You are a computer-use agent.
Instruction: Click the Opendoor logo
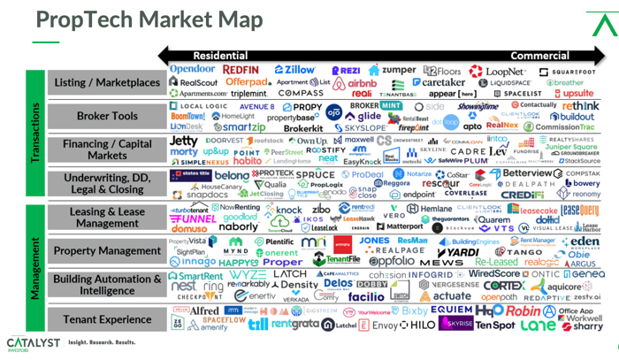[192, 68]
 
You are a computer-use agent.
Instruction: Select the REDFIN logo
[241, 69]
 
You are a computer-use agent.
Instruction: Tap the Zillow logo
[295, 69]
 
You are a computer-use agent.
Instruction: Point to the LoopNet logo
[497, 69]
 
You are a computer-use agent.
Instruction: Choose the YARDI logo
[456, 251]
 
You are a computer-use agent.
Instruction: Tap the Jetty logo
[183, 140]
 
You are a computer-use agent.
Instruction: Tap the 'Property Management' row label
[107, 251]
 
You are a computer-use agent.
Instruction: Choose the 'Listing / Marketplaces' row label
[107, 82]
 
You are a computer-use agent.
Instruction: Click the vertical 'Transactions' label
[37, 133]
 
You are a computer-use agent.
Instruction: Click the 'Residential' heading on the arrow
[220, 55]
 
